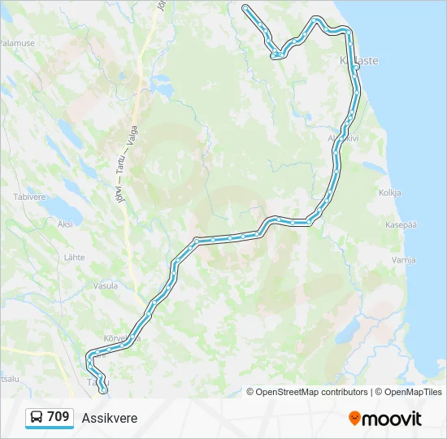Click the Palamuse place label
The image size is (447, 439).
18,42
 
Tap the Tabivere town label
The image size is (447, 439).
28,197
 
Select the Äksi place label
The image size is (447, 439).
65,224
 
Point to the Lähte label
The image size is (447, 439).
74,257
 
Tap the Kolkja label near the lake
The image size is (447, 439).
391,193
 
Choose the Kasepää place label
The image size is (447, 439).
401,224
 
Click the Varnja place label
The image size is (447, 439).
403,260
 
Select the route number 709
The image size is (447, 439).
58,417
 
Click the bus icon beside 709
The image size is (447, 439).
37,418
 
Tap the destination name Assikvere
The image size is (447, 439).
110,419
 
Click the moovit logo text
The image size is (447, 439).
392,419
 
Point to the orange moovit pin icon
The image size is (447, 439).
354,419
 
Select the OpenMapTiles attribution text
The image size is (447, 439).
410,392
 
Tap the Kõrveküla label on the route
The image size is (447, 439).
123,338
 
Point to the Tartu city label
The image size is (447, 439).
95,381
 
